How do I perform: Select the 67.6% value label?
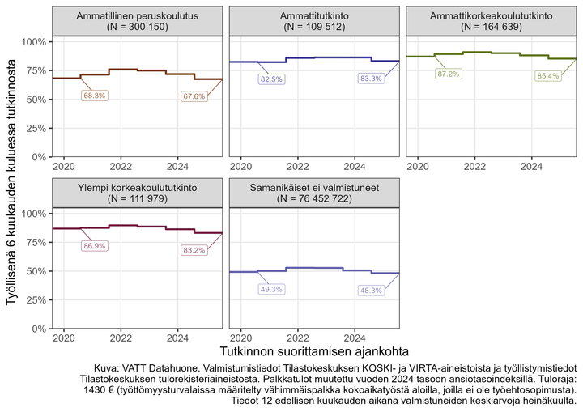point(194,97)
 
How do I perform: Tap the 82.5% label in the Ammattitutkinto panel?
point(271,79)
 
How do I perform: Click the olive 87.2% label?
point(448,74)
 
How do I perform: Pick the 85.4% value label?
point(547,76)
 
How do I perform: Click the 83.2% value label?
point(194,251)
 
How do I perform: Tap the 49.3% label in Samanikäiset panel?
point(271,289)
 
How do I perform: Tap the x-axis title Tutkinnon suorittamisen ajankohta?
point(313,352)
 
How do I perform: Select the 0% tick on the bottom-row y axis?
point(37,329)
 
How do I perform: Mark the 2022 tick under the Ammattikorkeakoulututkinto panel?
point(475,166)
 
